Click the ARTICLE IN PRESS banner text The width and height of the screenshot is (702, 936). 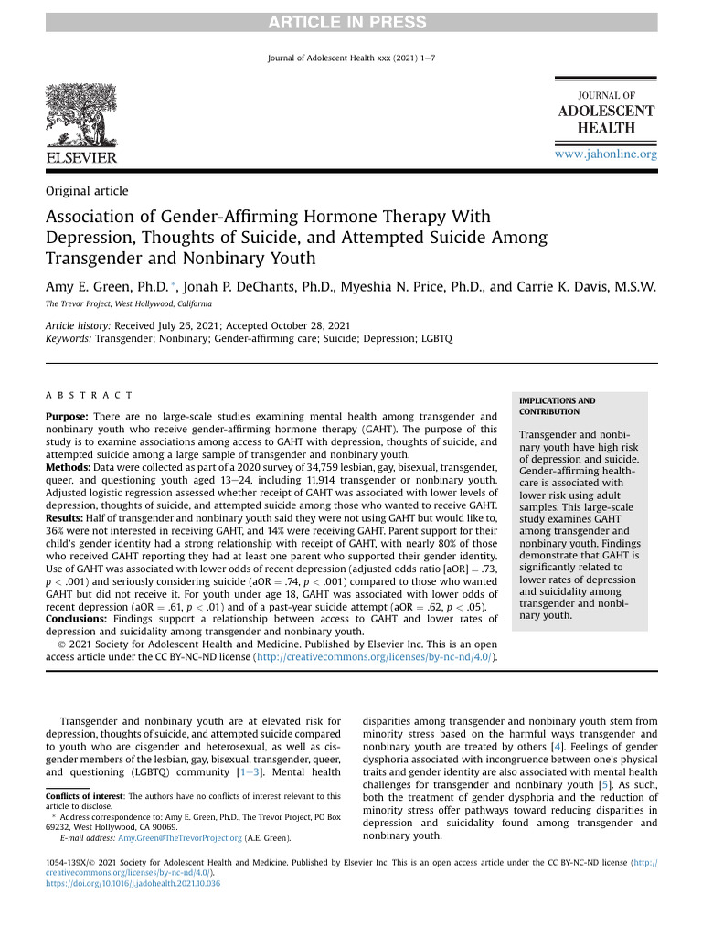tap(350, 22)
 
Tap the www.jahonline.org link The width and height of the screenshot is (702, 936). tap(606, 154)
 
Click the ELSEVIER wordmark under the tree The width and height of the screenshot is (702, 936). tap(81, 158)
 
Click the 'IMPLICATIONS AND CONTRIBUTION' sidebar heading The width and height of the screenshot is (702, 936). tap(557, 406)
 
